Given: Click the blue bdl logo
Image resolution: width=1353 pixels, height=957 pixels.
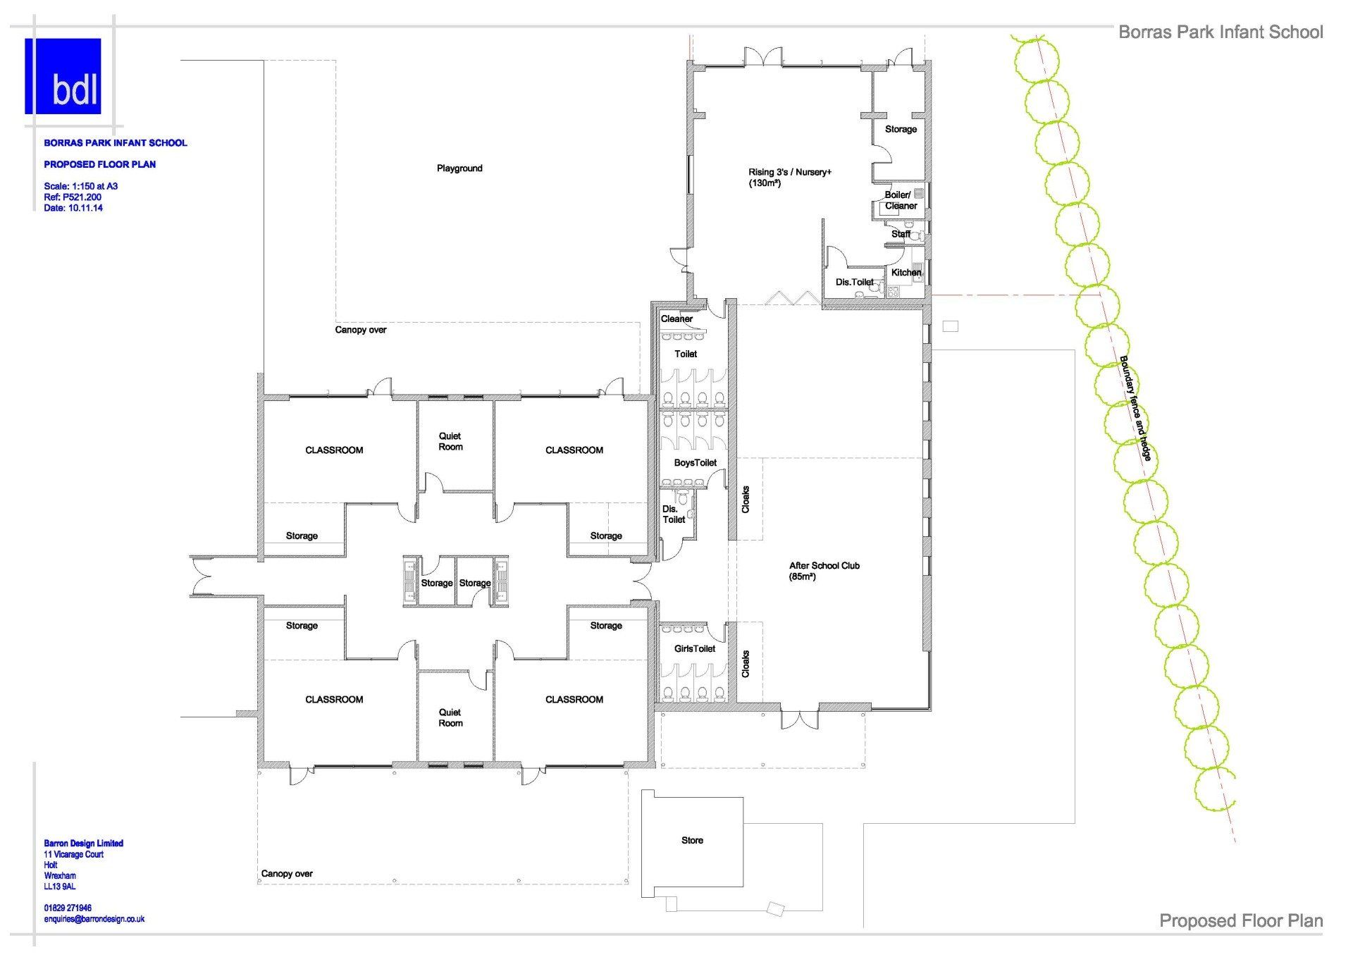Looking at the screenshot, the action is (x=63, y=76).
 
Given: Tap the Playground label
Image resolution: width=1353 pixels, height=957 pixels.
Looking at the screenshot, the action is (x=459, y=168).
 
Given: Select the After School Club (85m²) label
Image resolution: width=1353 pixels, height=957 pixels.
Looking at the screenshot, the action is (x=824, y=571).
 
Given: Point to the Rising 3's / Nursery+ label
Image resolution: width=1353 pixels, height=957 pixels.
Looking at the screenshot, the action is (x=789, y=178).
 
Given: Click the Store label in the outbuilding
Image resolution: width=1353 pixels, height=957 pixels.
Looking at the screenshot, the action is (x=692, y=840).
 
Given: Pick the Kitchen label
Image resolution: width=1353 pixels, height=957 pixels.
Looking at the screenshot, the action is (x=906, y=272).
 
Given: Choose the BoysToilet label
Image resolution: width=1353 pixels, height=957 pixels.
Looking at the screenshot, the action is (x=695, y=462).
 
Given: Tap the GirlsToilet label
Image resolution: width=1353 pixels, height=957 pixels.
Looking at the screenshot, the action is (x=695, y=648).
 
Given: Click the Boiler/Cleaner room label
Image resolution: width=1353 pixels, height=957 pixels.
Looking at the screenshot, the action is (x=901, y=200).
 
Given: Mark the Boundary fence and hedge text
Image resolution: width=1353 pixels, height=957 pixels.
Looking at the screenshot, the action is (x=1135, y=409).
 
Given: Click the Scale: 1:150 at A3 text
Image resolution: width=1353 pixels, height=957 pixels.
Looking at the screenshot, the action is (x=80, y=186).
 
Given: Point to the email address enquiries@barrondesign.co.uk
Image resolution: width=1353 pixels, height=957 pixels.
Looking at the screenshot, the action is (x=94, y=919).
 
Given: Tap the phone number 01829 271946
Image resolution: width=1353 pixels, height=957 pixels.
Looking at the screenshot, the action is (x=68, y=908).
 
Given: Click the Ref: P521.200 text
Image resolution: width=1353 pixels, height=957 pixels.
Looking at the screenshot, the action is (x=72, y=197).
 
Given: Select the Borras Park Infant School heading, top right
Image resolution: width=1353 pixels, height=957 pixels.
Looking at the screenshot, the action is (x=1221, y=32).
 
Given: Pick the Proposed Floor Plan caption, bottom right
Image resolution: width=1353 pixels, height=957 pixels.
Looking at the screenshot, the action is (x=1241, y=921).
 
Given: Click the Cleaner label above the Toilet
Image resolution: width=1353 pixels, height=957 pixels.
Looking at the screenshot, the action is (x=676, y=319).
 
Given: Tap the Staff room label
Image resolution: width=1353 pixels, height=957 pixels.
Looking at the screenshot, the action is (x=901, y=233).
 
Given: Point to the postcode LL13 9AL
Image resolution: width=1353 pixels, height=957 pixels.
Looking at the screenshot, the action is (x=59, y=887).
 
